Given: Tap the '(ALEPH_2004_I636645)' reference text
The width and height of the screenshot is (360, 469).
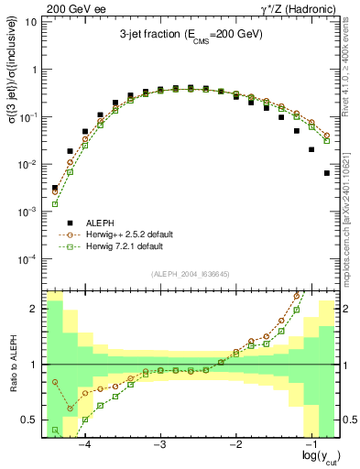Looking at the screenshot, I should click(190, 273).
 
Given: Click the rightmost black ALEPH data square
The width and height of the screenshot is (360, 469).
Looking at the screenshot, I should click(326, 173).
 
